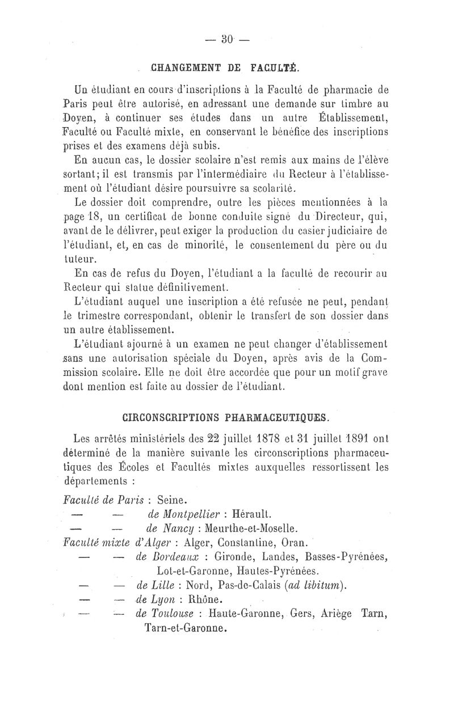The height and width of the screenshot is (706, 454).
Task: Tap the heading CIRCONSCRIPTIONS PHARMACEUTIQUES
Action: coord(225,418)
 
